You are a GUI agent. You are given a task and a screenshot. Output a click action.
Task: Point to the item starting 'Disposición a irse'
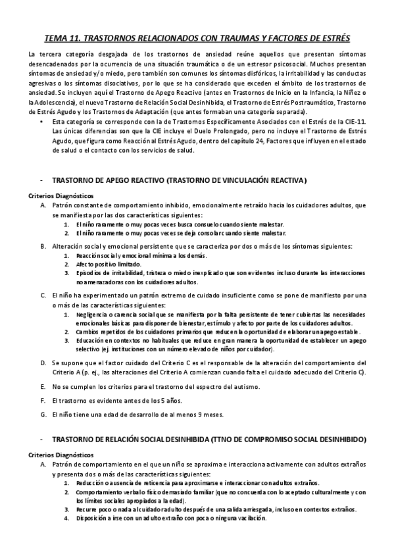point(171,517)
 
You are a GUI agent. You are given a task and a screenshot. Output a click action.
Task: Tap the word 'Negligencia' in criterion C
point(94,315)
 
